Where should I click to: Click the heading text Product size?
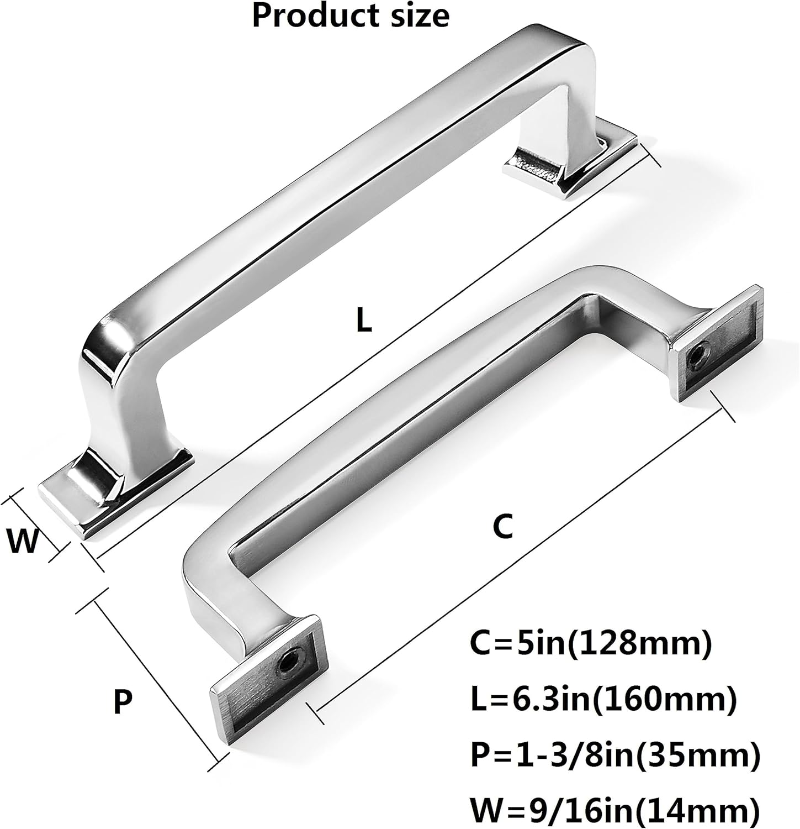point(351,15)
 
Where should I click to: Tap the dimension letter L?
point(363,321)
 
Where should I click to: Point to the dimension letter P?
point(123,702)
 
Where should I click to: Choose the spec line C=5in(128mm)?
point(591,644)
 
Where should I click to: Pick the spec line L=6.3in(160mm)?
point(603,700)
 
